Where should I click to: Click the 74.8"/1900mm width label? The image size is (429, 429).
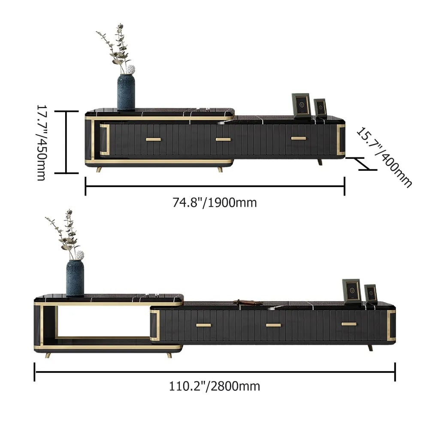[214, 202]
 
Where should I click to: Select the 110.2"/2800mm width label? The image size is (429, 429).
[214, 386]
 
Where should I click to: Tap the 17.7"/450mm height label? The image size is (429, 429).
[41, 142]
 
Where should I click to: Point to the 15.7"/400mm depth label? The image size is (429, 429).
[384, 157]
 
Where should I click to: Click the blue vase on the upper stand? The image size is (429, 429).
[126, 92]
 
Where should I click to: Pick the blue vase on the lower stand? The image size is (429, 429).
[75, 278]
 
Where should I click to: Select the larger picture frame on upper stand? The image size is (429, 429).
[301, 105]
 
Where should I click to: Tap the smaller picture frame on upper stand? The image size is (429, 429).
[320, 107]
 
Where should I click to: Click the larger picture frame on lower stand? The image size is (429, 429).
[352, 291]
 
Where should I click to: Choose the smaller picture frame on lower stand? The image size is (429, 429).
[371, 294]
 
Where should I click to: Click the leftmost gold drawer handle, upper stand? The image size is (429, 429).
[153, 139]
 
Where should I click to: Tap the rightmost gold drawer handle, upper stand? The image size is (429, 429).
[299, 138]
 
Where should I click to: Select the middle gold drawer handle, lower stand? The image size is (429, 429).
[273, 325]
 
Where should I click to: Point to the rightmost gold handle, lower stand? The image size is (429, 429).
[349, 324]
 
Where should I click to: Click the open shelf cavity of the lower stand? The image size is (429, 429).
[103, 322]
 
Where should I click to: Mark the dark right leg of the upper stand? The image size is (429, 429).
[320, 162]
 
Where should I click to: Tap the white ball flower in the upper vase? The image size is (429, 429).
[130, 69]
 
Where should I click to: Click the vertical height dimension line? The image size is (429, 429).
[66, 142]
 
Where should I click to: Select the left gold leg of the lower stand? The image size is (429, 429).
[48, 355]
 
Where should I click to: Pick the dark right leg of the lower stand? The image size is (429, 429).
[370, 347]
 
